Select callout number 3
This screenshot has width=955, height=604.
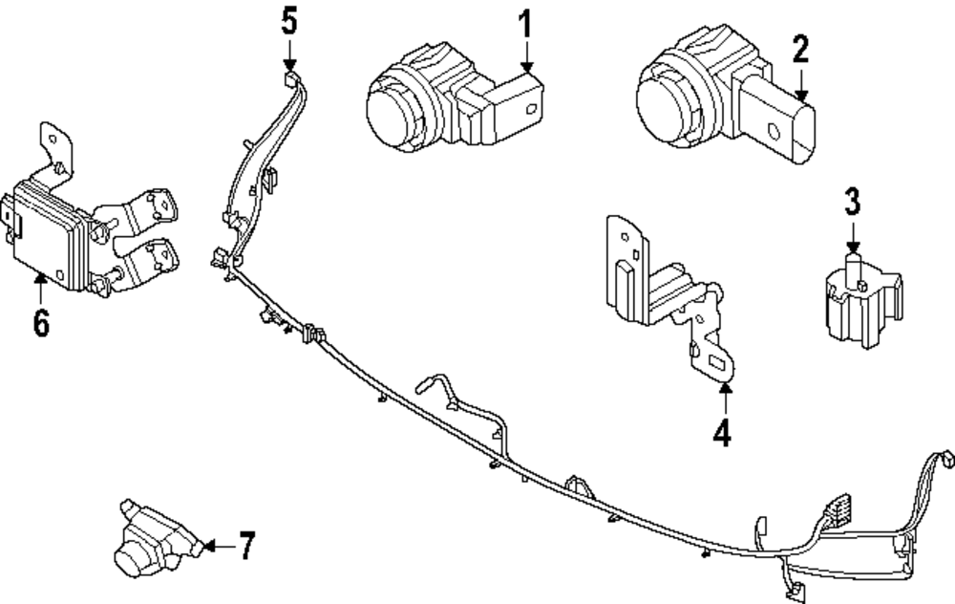point(852,202)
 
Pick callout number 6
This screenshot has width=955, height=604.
point(41,323)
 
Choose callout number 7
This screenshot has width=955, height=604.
point(246,547)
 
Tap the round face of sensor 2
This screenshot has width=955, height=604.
point(668,98)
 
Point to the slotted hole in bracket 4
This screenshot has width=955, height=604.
point(715,362)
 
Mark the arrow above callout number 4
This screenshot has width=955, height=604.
point(723,397)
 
